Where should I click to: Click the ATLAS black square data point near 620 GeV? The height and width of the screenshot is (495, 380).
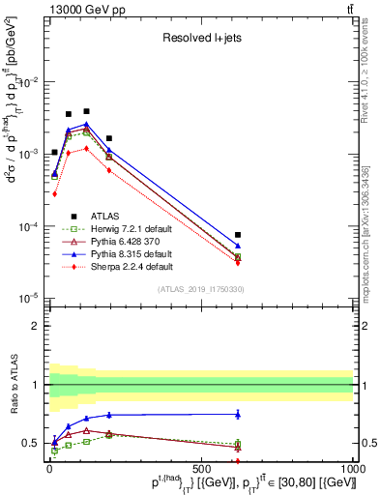point(238,235)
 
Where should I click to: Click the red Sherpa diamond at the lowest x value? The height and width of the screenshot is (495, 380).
point(55,193)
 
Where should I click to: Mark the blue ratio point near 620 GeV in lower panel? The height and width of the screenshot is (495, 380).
point(238,414)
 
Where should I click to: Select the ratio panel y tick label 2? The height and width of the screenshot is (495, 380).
point(36,326)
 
